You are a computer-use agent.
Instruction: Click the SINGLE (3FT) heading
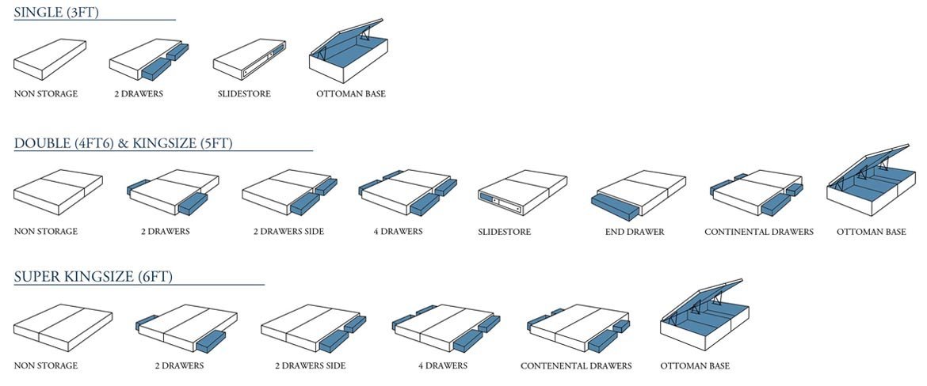pyautogui.click(x=56, y=12)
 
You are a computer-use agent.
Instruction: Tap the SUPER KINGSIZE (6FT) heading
pyautogui.click(x=93, y=277)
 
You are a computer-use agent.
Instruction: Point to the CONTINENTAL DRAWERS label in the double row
pyautogui.click(x=758, y=232)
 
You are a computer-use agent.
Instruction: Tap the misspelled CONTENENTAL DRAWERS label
pyautogui.click(x=576, y=366)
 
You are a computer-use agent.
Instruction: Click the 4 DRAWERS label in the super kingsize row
pyautogui.click(x=443, y=366)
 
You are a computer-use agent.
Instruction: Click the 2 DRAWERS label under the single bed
pyautogui.click(x=138, y=94)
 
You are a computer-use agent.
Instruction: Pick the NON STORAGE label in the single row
pyautogui.click(x=46, y=94)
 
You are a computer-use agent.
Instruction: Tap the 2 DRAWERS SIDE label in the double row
pyautogui.click(x=288, y=232)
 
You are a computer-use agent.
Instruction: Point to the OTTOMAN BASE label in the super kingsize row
pyautogui.click(x=695, y=366)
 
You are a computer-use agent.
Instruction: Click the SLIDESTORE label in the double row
pyautogui.click(x=504, y=232)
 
